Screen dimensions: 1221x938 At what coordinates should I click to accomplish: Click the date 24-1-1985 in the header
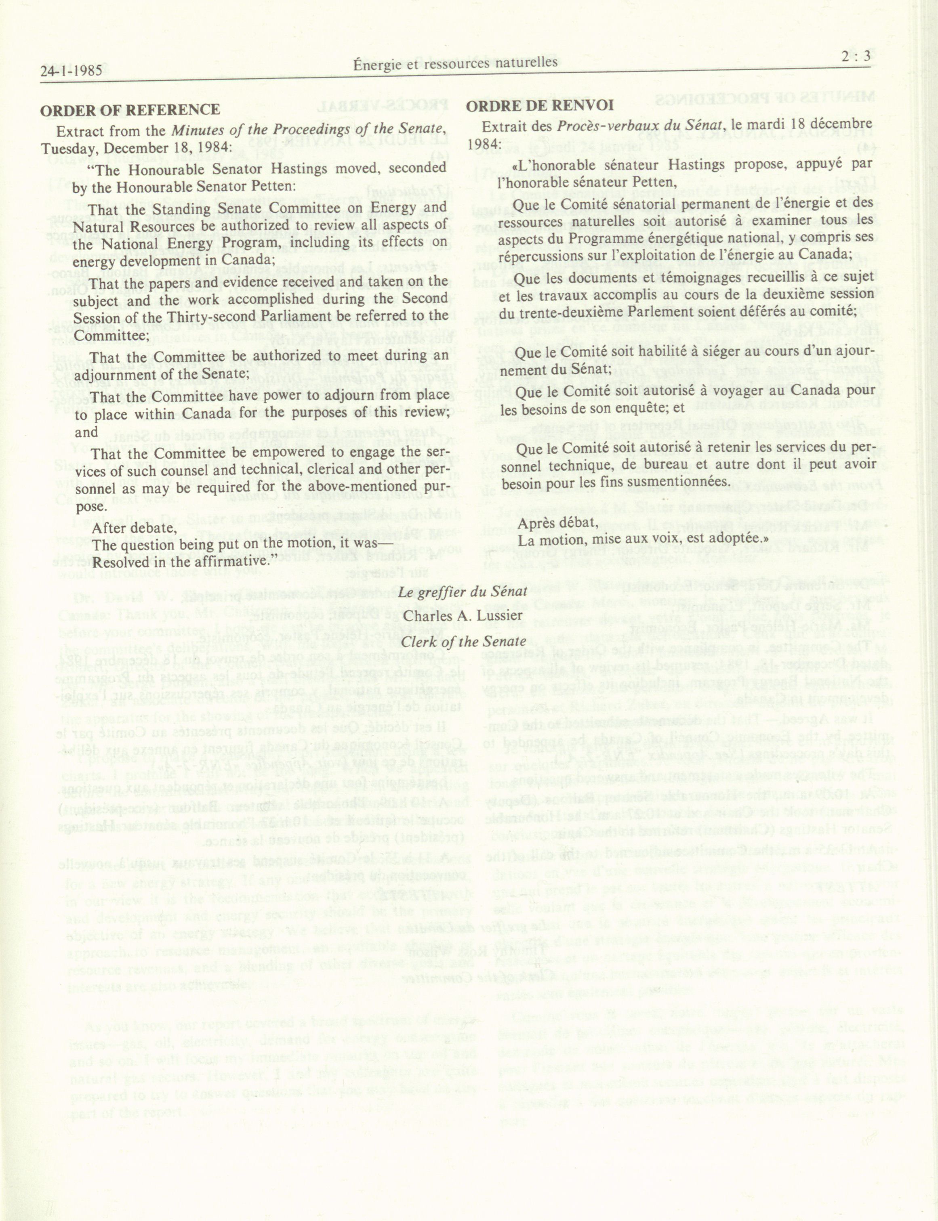[x=71, y=71]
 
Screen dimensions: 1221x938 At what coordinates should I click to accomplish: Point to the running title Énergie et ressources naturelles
[x=456, y=63]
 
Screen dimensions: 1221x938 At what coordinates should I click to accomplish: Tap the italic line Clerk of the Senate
[x=463, y=641]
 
